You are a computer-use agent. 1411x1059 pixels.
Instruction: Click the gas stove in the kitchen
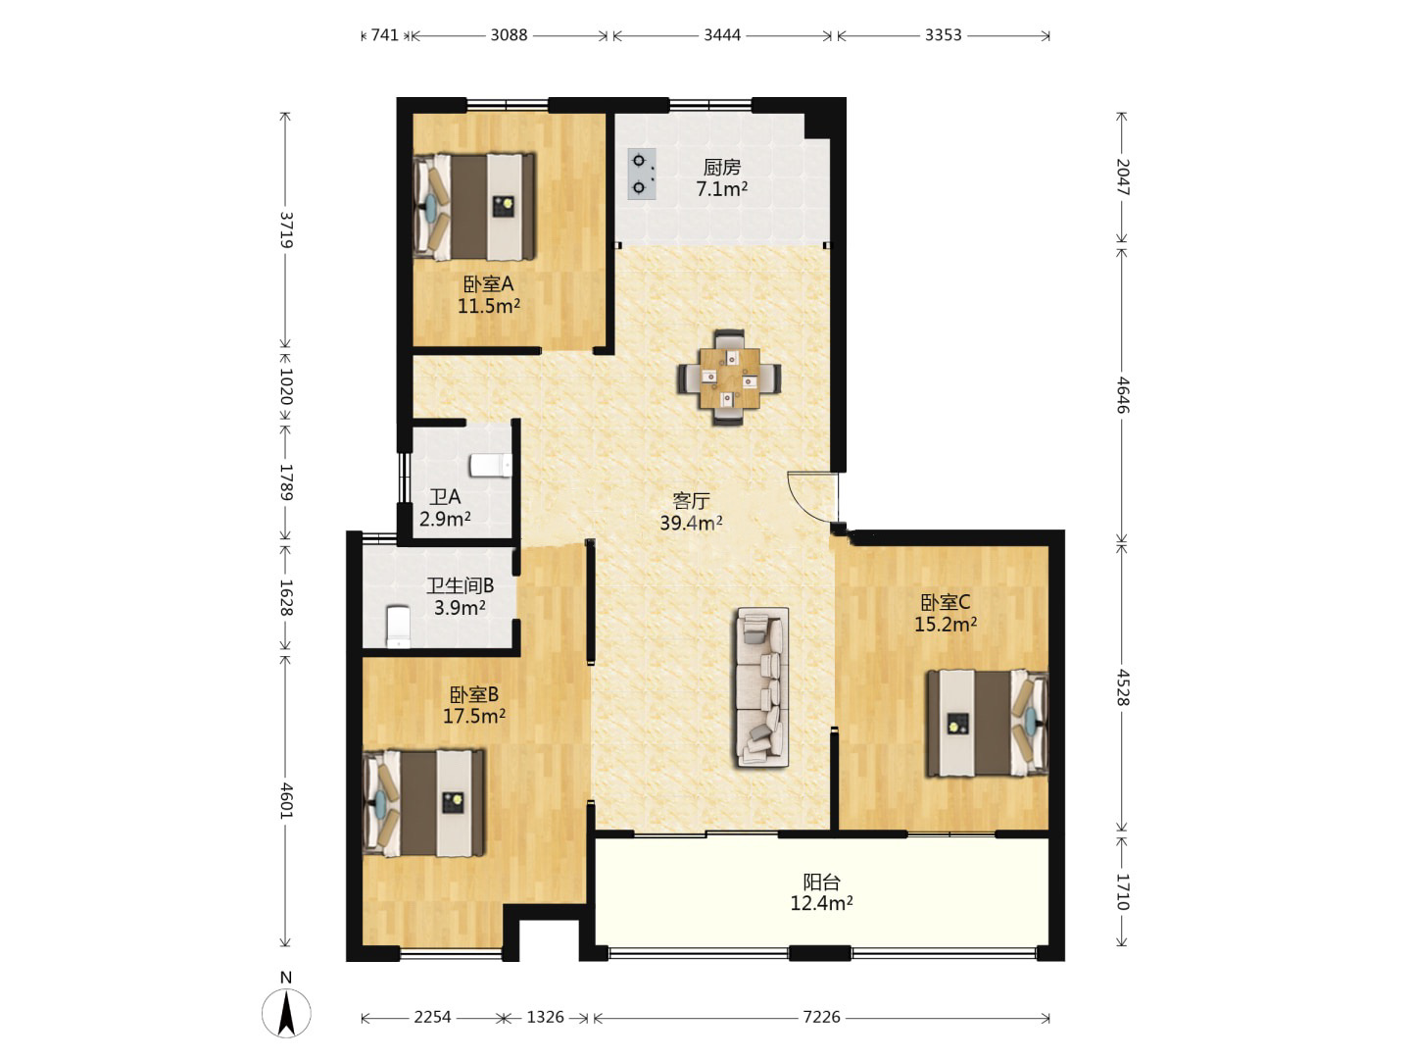click(642, 174)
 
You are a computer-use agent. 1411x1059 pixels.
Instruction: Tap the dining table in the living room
click(729, 378)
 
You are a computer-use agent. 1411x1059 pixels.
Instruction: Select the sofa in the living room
click(762, 687)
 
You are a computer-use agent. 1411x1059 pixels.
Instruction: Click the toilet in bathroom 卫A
click(491, 466)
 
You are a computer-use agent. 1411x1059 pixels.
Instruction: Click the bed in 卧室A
click(474, 206)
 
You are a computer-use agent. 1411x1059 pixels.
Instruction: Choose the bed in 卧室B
click(424, 803)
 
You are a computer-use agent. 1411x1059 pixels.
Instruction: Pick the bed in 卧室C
click(987, 723)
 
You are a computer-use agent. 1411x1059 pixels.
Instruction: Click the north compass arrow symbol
click(286, 1012)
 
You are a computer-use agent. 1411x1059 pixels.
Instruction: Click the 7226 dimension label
click(821, 1017)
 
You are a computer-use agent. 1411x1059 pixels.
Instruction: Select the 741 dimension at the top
click(384, 34)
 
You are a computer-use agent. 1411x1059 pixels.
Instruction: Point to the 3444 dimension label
click(722, 34)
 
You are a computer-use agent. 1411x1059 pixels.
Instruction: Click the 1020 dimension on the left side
click(286, 385)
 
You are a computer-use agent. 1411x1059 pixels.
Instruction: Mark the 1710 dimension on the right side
click(1122, 892)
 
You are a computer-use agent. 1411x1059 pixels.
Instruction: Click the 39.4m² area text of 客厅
click(691, 523)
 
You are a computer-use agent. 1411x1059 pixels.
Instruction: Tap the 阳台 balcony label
click(821, 882)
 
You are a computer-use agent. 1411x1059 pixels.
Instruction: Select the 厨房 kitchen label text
click(722, 167)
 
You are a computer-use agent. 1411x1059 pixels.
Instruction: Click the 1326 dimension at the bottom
click(545, 1017)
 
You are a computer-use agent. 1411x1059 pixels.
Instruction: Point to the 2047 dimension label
click(1122, 176)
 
